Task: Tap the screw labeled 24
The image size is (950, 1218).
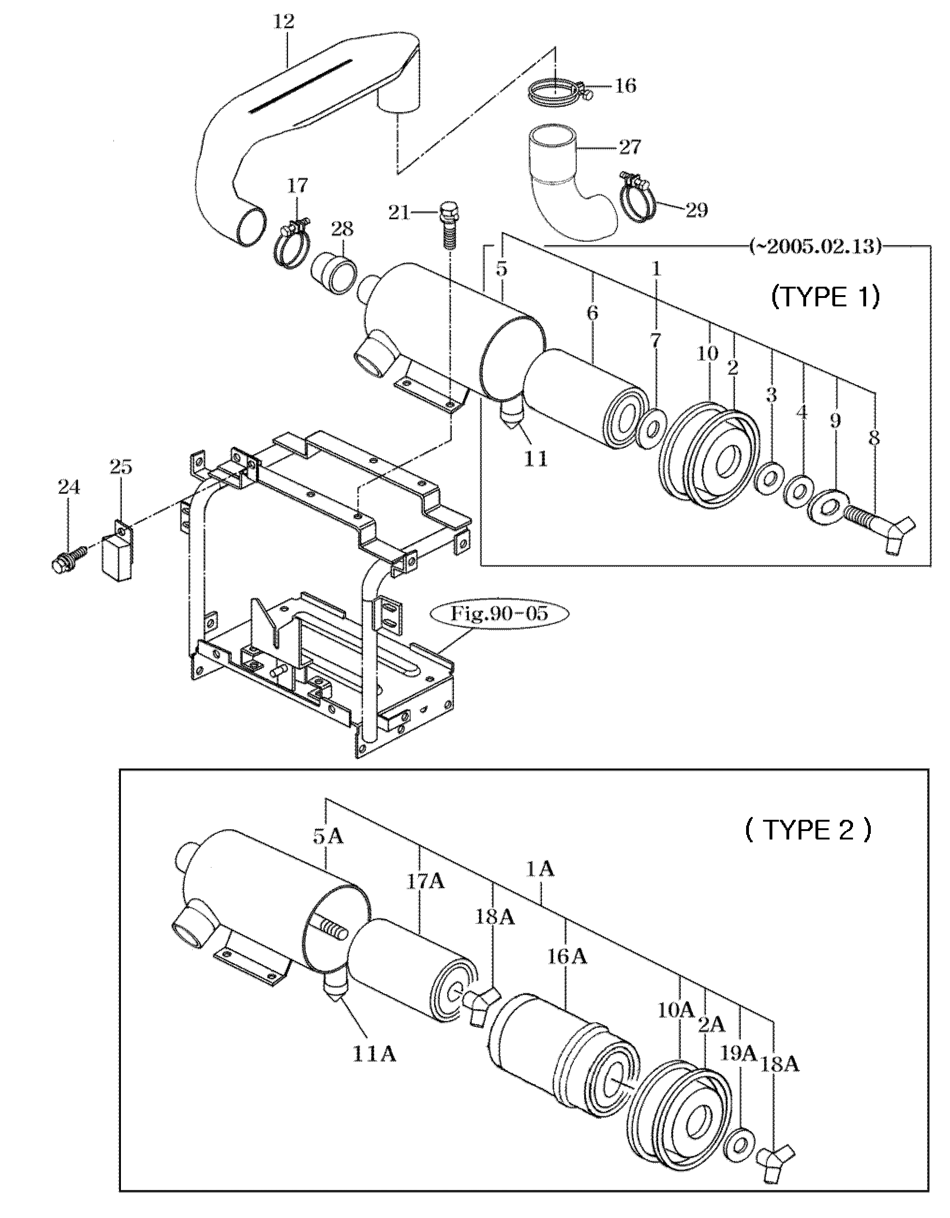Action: (x=67, y=557)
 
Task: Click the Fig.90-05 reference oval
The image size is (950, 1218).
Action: (x=499, y=614)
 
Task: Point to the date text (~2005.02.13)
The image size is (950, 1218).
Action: (x=816, y=246)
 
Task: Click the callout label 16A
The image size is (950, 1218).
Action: (x=567, y=957)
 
